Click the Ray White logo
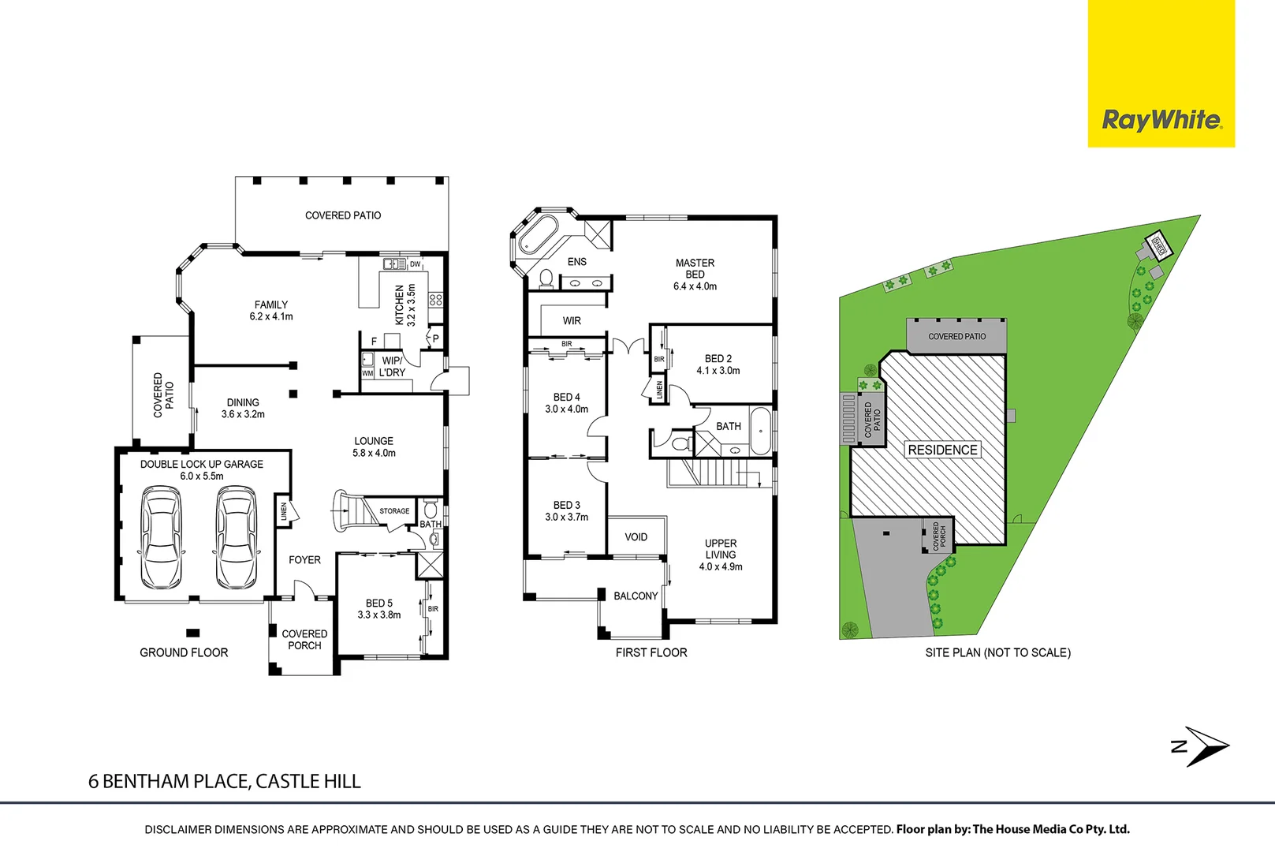[1161, 120]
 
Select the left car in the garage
[161, 538]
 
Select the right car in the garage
[236, 538]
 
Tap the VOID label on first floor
[636, 537]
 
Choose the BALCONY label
[636, 596]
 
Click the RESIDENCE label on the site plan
[942, 450]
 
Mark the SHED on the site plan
[1158, 244]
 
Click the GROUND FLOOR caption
[184, 652]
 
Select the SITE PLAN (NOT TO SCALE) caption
[997, 652]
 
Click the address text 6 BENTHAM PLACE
[224, 781]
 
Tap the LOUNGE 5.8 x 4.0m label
[374, 447]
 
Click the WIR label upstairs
[572, 321]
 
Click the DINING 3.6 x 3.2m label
[243, 408]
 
